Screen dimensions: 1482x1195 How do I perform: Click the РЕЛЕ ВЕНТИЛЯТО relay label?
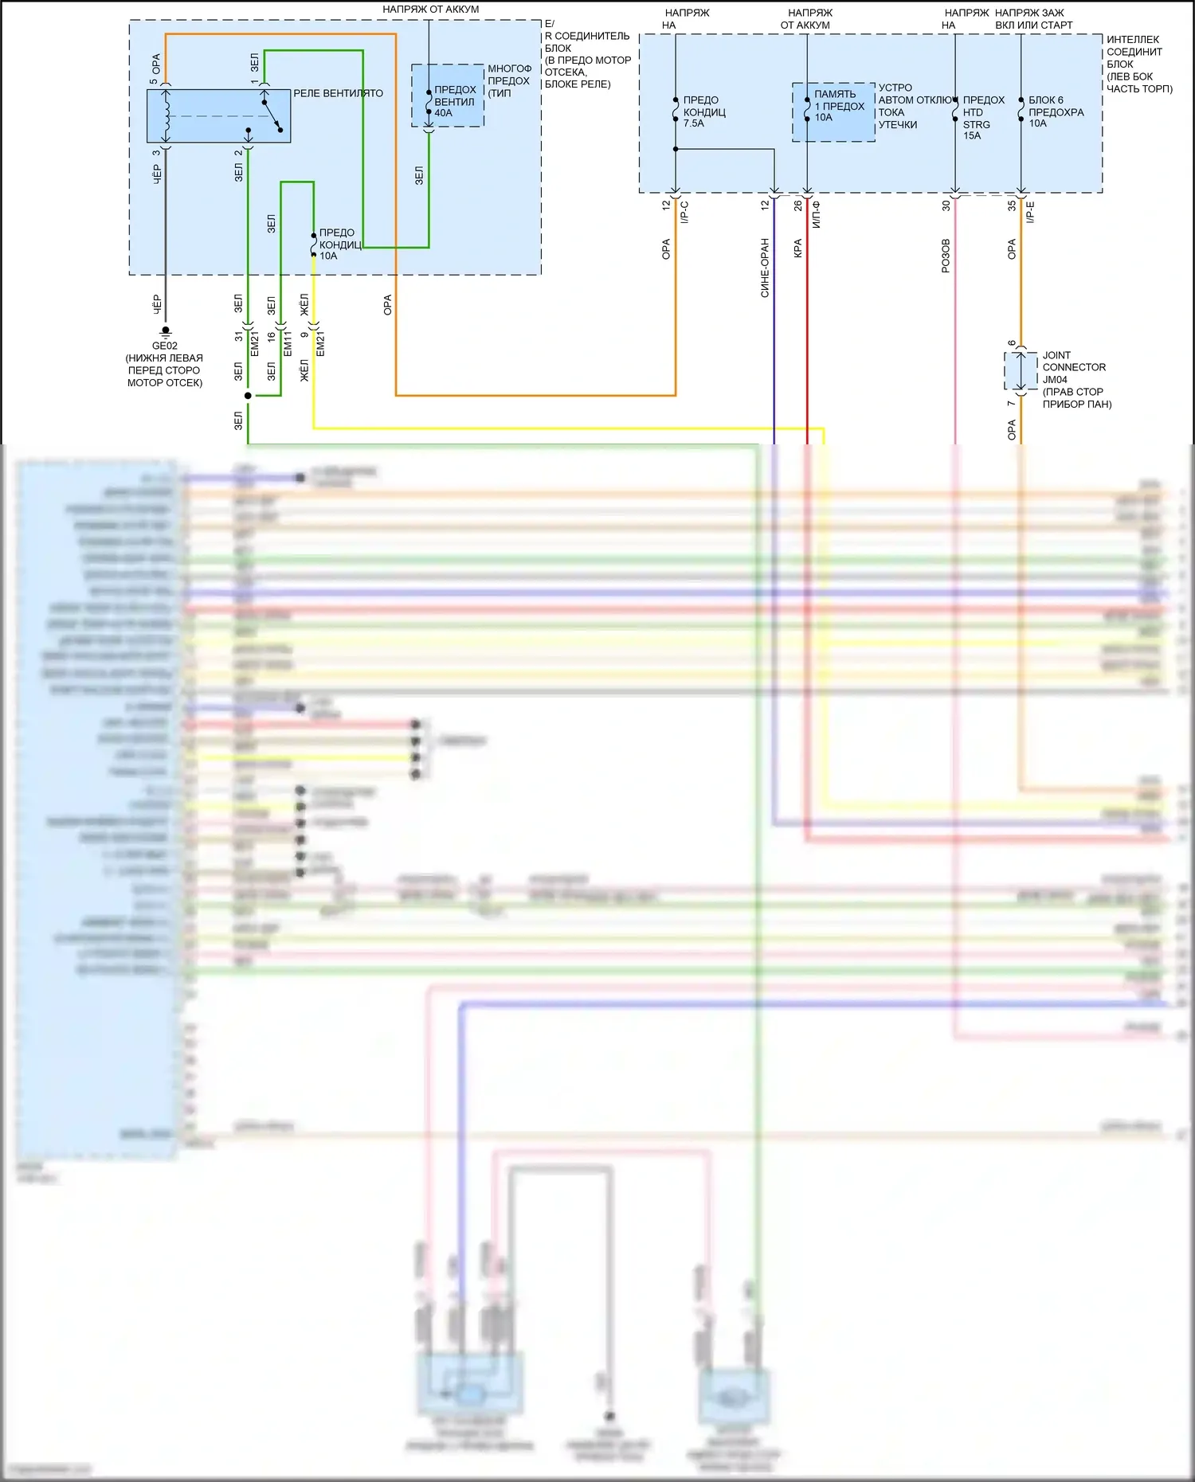pyautogui.click(x=338, y=93)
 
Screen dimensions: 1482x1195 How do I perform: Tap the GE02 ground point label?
pyautogui.click(x=165, y=346)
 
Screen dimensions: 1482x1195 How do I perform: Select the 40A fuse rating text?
pyautogui.click(x=444, y=113)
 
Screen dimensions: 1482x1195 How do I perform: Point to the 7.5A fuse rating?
pyautogui.click(x=693, y=123)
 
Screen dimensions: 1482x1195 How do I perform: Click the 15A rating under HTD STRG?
pyautogui.click(x=972, y=135)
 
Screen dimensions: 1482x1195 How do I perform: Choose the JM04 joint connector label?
pyautogui.click(x=1055, y=380)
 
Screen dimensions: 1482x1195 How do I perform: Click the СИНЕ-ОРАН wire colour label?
pyautogui.click(x=765, y=268)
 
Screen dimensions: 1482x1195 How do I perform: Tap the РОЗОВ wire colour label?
pyautogui.click(x=946, y=256)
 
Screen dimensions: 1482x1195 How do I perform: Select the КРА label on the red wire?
pyautogui.click(x=797, y=248)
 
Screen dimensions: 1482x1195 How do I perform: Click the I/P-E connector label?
pyautogui.click(x=1030, y=212)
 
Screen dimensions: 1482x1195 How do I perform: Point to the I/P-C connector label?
pyautogui.click(x=684, y=212)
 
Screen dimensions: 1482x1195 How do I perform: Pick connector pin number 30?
pyautogui.click(x=946, y=205)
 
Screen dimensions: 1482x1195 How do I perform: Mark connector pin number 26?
pyautogui.click(x=797, y=205)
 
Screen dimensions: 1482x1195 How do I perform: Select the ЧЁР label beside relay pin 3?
pyautogui.click(x=156, y=175)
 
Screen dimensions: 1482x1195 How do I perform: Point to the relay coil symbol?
pyautogui.click(x=167, y=115)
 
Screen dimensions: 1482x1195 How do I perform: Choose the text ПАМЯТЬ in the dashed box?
pyautogui.click(x=835, y=94)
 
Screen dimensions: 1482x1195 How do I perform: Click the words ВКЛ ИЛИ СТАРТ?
pyautogui.click(x=1033, y=25)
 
